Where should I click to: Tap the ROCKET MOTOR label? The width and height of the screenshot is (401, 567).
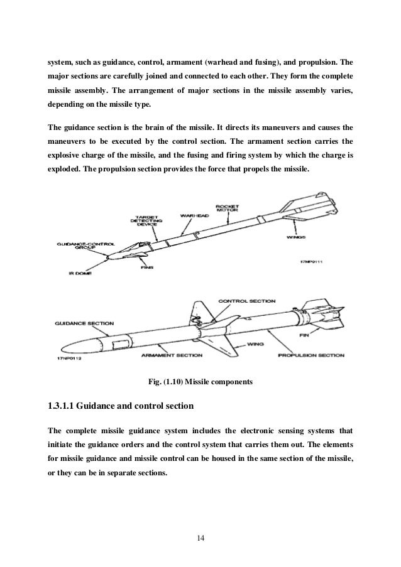[x=226, y=209]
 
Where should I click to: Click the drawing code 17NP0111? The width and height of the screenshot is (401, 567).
[x=309, y=263]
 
